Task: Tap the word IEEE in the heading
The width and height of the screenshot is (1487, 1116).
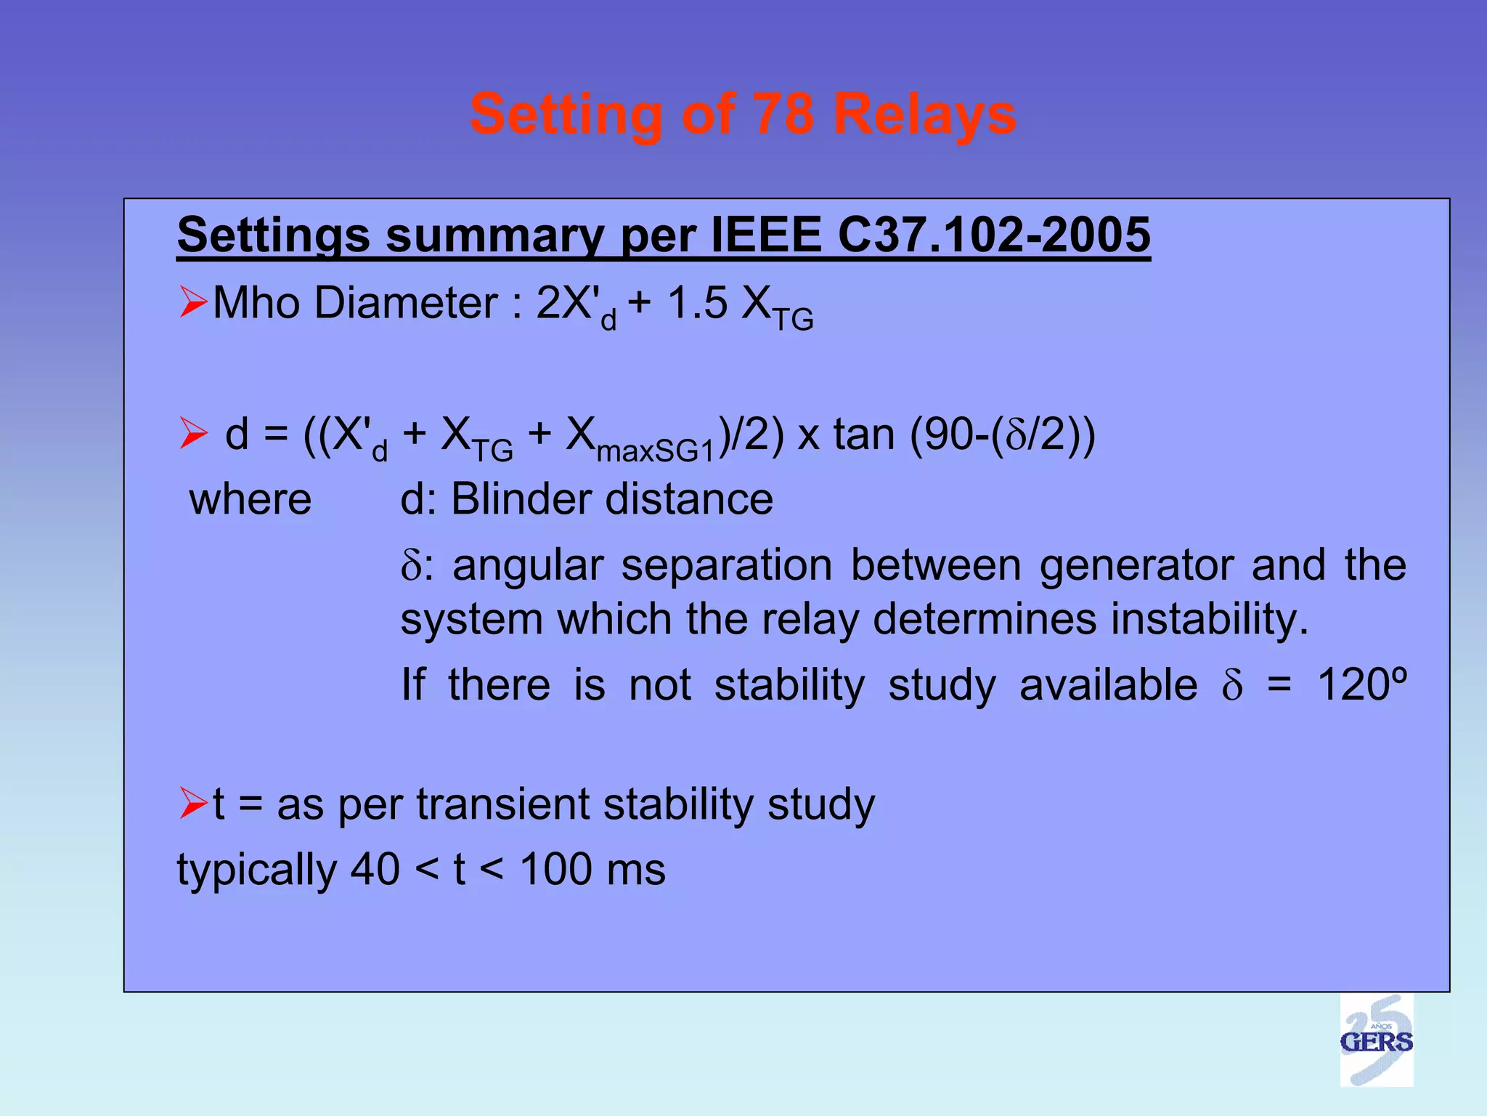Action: pos(765,235)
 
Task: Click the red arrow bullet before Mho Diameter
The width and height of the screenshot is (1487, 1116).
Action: pos(193,302)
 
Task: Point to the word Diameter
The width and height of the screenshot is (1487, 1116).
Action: pos(406,302)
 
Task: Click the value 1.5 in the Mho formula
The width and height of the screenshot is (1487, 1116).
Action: pos(697,302)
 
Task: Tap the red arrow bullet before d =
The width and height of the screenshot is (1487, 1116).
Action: pos(193,434)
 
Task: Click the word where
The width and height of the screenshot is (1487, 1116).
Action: pos(250,500)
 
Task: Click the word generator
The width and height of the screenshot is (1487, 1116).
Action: pos(1136,567)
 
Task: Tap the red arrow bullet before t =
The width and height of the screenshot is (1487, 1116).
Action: pos(193,804)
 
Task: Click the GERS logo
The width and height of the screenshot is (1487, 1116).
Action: pos(1376,1040)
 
